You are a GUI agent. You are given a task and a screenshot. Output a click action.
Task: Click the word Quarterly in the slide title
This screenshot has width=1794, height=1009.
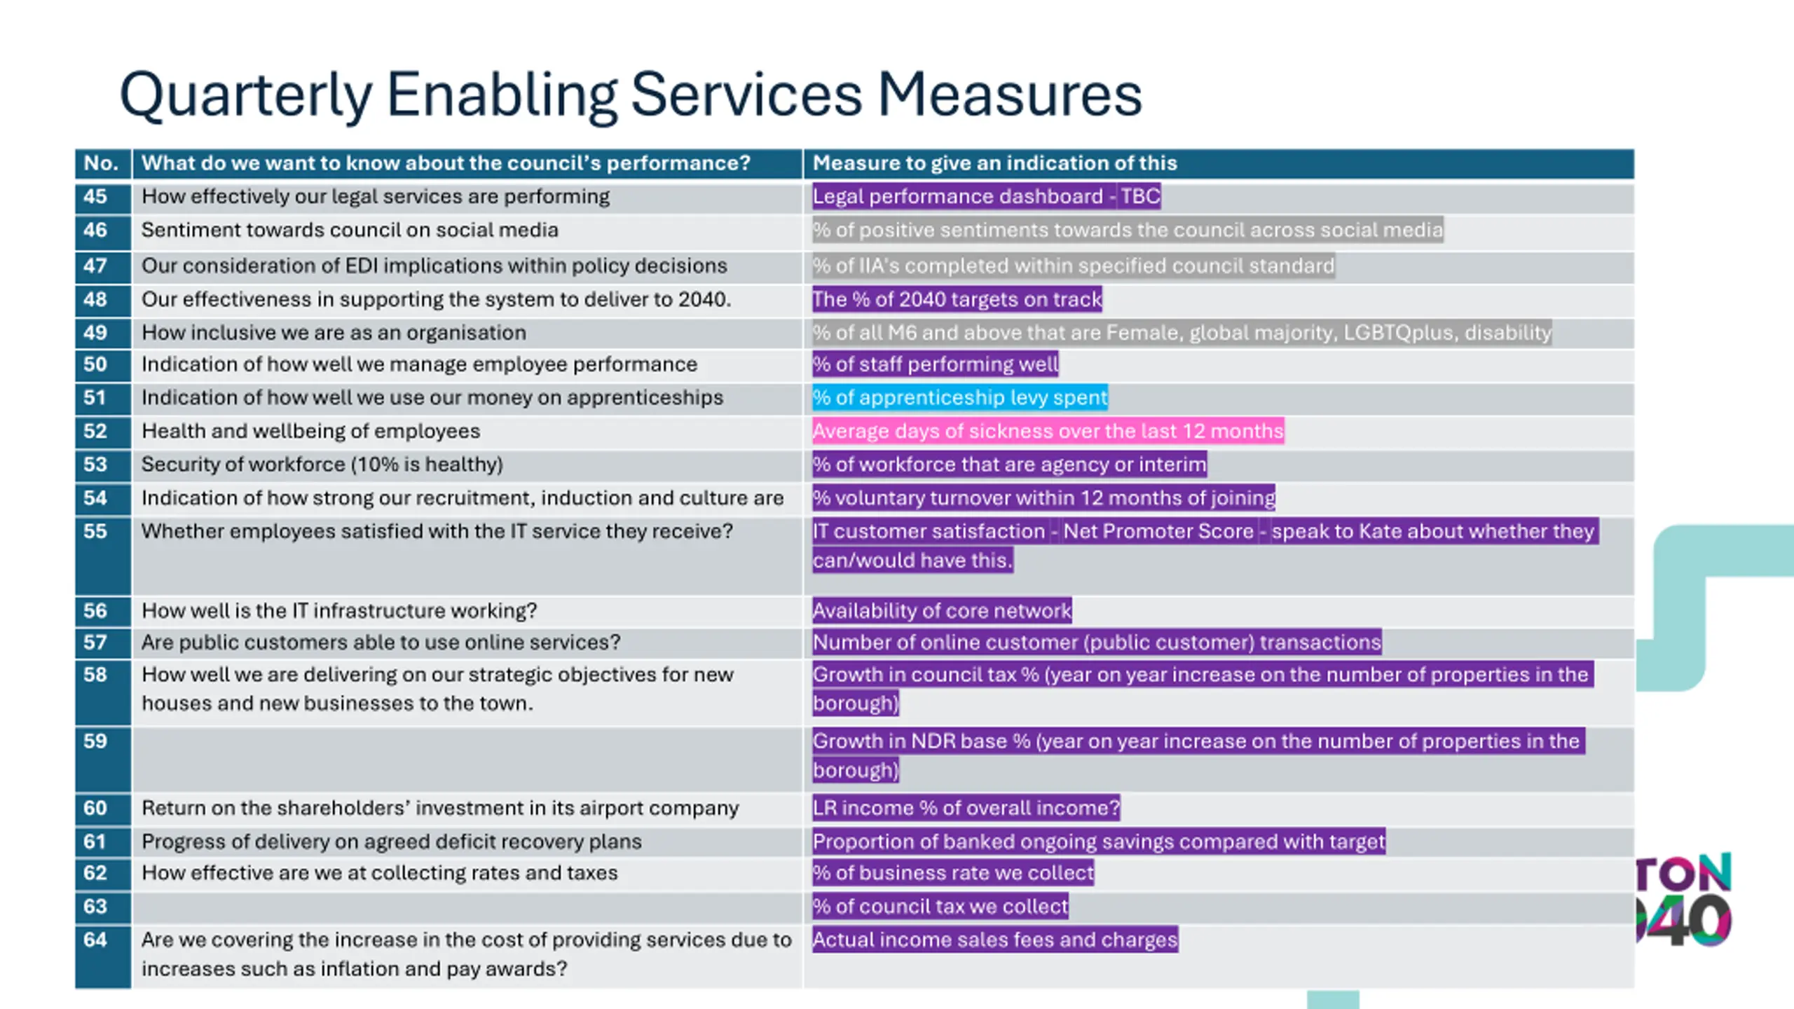[245, 96]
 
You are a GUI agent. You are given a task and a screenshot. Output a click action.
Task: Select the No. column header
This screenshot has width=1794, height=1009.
[101, 163]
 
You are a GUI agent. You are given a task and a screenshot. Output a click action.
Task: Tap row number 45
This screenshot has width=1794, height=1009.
[95, 196]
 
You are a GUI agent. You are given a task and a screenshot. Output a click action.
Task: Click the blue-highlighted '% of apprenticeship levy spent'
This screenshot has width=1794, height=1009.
[960, 397]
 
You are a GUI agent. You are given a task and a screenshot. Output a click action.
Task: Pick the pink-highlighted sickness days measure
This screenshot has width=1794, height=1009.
[1048, 431]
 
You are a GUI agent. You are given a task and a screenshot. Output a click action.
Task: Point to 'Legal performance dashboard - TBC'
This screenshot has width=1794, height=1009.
[986, 196]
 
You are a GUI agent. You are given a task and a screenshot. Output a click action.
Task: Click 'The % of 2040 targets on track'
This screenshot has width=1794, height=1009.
[957, 299]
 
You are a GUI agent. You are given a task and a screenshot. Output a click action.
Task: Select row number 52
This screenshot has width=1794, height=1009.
[95, 431]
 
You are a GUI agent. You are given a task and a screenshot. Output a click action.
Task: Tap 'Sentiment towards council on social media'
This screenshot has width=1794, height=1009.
[350, 230]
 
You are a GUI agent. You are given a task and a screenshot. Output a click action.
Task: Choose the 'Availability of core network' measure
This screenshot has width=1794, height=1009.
[942, 610]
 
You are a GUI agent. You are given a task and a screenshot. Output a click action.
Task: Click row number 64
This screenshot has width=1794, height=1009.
[95, 940]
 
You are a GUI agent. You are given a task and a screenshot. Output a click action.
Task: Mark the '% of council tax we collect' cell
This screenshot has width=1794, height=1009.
[940, 907]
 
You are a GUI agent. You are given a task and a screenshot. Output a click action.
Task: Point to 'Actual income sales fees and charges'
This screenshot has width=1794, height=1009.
[995, 940]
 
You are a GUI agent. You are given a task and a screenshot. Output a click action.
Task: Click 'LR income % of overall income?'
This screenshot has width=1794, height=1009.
[966, 808]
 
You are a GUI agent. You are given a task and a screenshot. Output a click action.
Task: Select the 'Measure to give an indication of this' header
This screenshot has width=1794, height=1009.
[994, 163]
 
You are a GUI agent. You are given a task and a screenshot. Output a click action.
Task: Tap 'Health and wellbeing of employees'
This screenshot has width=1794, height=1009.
[310, 431]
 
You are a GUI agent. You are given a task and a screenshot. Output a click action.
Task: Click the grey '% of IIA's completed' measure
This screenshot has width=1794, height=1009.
[1073, 266]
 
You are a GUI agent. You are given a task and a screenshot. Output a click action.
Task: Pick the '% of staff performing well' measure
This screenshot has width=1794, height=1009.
[936, 364]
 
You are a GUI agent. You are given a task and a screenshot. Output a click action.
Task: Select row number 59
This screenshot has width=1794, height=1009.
[95, 741]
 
